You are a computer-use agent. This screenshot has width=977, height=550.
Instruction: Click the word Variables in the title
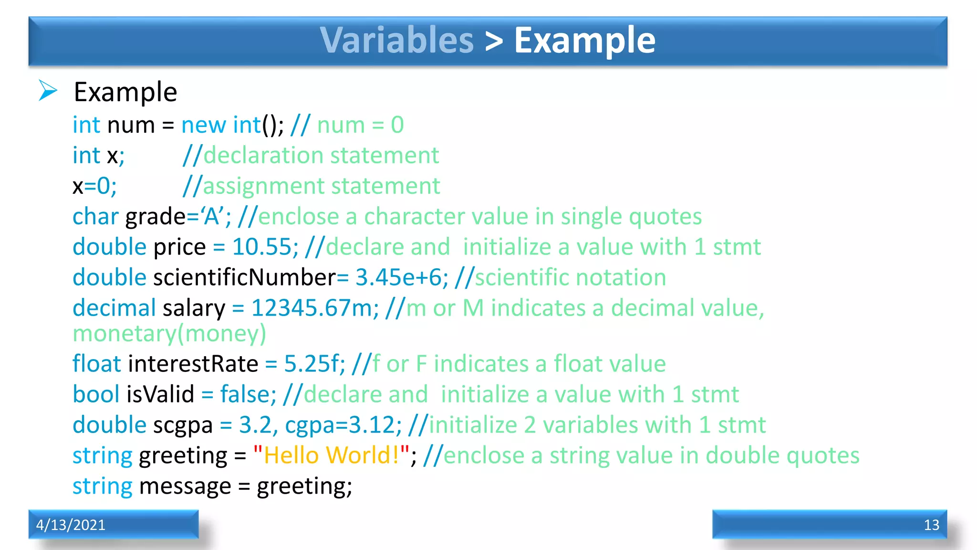point(396,40)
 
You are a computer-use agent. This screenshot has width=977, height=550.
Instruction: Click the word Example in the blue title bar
point(584,40)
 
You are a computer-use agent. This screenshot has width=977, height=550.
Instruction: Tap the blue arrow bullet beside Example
point(48,91)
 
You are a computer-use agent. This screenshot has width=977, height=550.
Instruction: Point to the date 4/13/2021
point(71,525)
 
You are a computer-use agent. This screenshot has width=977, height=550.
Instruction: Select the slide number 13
point(931,525)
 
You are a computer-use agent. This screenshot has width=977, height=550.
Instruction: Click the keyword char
point(95,217)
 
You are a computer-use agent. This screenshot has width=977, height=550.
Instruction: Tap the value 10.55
point(262,247)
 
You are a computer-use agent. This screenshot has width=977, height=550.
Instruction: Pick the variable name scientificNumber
point(245,277)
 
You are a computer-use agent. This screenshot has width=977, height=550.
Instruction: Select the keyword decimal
point(114,308)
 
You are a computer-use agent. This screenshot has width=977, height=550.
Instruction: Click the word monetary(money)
point(169,334)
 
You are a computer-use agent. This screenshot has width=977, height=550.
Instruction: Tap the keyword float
point(97,364)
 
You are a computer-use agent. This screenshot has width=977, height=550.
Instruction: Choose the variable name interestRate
point(193,364)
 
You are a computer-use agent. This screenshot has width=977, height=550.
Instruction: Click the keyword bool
point(96,394)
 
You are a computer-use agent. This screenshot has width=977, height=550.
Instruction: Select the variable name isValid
point(160,394)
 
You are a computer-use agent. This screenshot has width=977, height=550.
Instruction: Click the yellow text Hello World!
point(331,455)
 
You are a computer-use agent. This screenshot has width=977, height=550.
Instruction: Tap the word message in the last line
point(185,486)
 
